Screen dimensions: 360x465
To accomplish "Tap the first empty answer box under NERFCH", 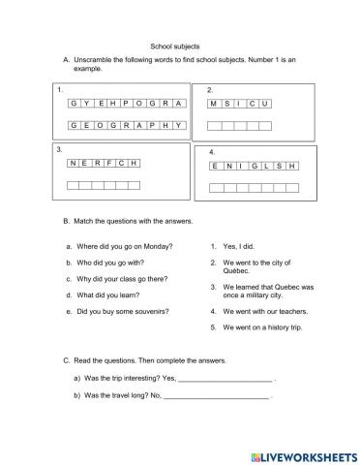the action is (74, 184).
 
